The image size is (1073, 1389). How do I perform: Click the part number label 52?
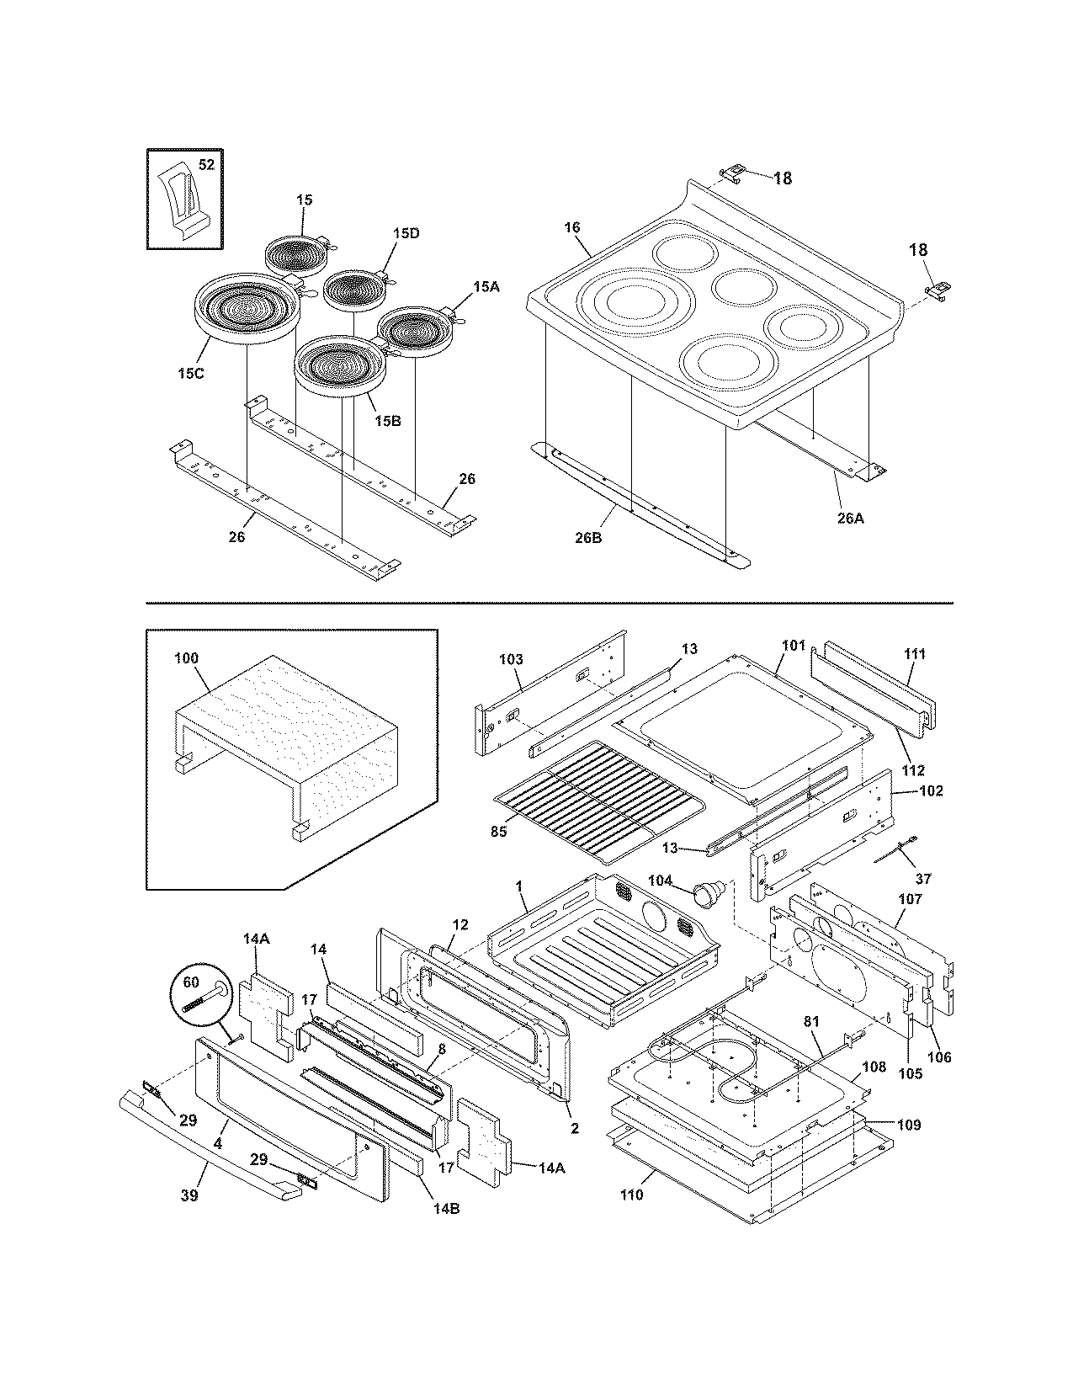206,165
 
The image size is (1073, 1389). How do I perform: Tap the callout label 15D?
405,233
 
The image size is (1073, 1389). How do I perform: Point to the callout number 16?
572,227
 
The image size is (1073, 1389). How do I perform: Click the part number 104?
661,880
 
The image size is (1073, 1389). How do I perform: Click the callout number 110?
632,1195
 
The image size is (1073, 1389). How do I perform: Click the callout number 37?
923,879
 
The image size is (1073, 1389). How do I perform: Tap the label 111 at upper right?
915,654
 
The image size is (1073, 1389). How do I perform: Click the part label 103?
511,659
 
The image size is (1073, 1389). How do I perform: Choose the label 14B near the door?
445,1209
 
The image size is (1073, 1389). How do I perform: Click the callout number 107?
910,899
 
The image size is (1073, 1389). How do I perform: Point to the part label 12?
459,925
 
